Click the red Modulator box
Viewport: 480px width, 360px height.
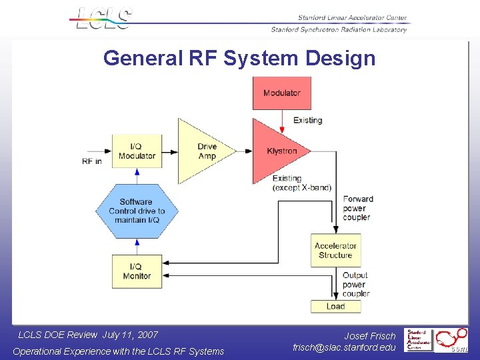click(x=281, y=93)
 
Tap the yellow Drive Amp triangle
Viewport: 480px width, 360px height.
click(x=203, y=151)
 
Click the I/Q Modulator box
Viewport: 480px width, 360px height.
click(x=137, y=151)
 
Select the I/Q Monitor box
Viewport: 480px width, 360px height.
click(x=137, y=271)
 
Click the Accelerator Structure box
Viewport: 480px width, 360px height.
click(x=335, y=251)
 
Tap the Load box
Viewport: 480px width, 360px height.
click(x=335, y=307)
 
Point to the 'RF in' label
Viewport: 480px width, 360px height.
click(x=92, y=161)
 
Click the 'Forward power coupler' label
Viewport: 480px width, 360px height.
click(x=357, y=208)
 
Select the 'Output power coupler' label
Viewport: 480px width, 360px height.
click(x=355, y=285)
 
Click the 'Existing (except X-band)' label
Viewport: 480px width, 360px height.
click(x=301, y=183)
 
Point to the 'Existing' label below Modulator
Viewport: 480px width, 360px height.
click(x=307, y=121)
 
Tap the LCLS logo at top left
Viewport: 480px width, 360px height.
click(x=103, y=19)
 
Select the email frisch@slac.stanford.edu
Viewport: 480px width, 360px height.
click(x=344, y=347)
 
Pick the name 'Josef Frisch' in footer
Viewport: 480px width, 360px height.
click(x=370, y=336)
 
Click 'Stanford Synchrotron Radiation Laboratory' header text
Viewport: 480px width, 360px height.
click(x=339, y=29)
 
